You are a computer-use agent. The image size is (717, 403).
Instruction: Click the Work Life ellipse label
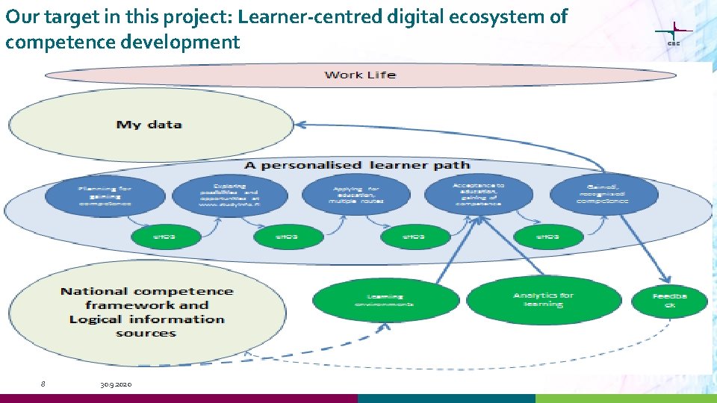360,75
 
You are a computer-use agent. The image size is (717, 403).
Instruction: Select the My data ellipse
149,125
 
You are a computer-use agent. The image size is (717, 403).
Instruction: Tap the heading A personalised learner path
358,165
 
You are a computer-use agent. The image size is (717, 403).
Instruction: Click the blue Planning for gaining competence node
105,196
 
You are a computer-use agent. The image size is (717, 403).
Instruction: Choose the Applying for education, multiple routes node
356,195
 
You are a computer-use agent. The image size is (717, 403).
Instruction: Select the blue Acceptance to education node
479,195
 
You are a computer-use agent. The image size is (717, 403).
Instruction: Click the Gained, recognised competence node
604,196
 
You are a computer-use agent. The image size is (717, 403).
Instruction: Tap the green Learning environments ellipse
385,300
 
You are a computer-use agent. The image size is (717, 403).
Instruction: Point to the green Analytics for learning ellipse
544,299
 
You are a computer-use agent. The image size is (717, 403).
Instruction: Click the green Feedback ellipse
670,300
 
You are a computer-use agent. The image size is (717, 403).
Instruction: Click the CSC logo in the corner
674,34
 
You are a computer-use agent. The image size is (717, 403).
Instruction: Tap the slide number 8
43,384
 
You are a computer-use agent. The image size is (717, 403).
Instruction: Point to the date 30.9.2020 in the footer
116,384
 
